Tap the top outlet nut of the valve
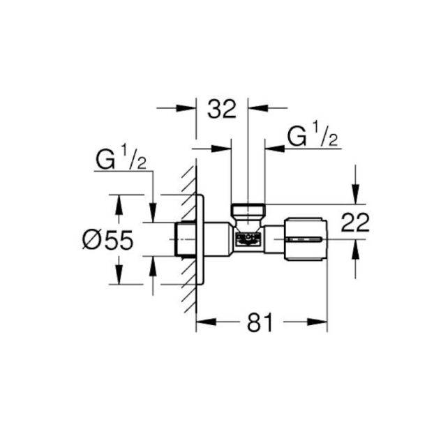coord(248,210)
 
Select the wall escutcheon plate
coord(200,240)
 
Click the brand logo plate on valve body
coord(248,239)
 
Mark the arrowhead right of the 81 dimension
coord(320,323)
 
